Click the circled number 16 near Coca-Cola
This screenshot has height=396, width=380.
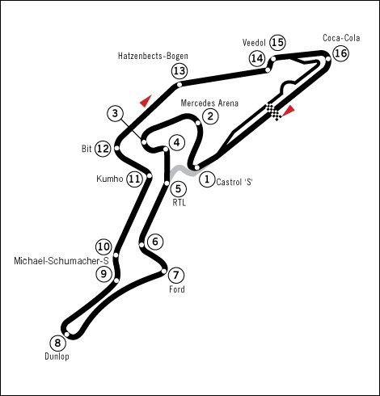click(x=340, y=53)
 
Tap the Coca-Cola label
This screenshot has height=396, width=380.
click(x=341, y=38)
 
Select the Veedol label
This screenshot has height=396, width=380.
click(x=254, y=43)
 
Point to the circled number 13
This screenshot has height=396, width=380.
click(x=179, y=71)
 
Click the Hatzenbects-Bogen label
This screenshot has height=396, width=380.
click(x=153, y=56)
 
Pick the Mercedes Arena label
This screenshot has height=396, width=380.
click(x=209, y=103)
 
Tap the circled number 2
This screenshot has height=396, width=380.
click(x=210, y=116)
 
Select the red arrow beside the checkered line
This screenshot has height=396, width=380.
click(x=289, y=111)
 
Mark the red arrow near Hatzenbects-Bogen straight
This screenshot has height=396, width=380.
click(x=146, y=101)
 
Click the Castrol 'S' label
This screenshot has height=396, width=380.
click(x=234, y=182)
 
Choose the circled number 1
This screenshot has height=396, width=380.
click(x=207, y=179)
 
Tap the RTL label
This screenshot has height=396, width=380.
click(x=179, y=203)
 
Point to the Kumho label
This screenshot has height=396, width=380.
click(x=110, y=179)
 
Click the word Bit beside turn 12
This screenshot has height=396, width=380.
click(x=87, y=149)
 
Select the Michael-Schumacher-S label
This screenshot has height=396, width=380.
click(x=61, y=261)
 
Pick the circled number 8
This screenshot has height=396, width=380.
click(x=57, y=343)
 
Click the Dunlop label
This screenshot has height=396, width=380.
click(x=57, y=356)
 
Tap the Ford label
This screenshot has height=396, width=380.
click(x=177, y=289)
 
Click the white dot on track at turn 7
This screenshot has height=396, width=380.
click(x=163, y=271)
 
